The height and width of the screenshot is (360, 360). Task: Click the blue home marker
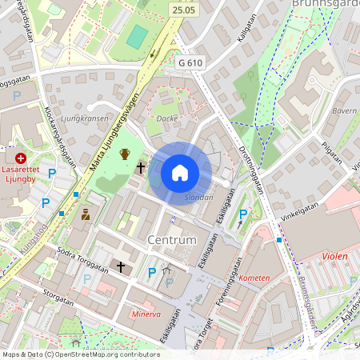[x=180, y=173]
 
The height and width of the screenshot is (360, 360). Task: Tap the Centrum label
[x=172, y=240]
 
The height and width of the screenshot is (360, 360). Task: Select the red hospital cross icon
[x=21, y=159]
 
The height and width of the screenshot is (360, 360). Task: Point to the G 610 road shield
[x=190, y=62]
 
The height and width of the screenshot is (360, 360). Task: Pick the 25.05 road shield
[x=183, y=10]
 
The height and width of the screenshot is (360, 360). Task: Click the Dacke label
[x=166, y=118]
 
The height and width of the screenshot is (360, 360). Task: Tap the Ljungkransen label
[x=84, y=118]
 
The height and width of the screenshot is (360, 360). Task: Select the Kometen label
[x=254, y=278]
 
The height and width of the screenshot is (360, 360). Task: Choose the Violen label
[x=334, y=257]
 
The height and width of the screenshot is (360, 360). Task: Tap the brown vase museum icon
[x=125, y=154]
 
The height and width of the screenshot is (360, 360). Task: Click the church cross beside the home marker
[x=141, y=168]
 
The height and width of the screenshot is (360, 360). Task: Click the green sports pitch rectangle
[x=138, y=36]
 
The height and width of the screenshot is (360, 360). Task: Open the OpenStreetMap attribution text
[x=81, y=354]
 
